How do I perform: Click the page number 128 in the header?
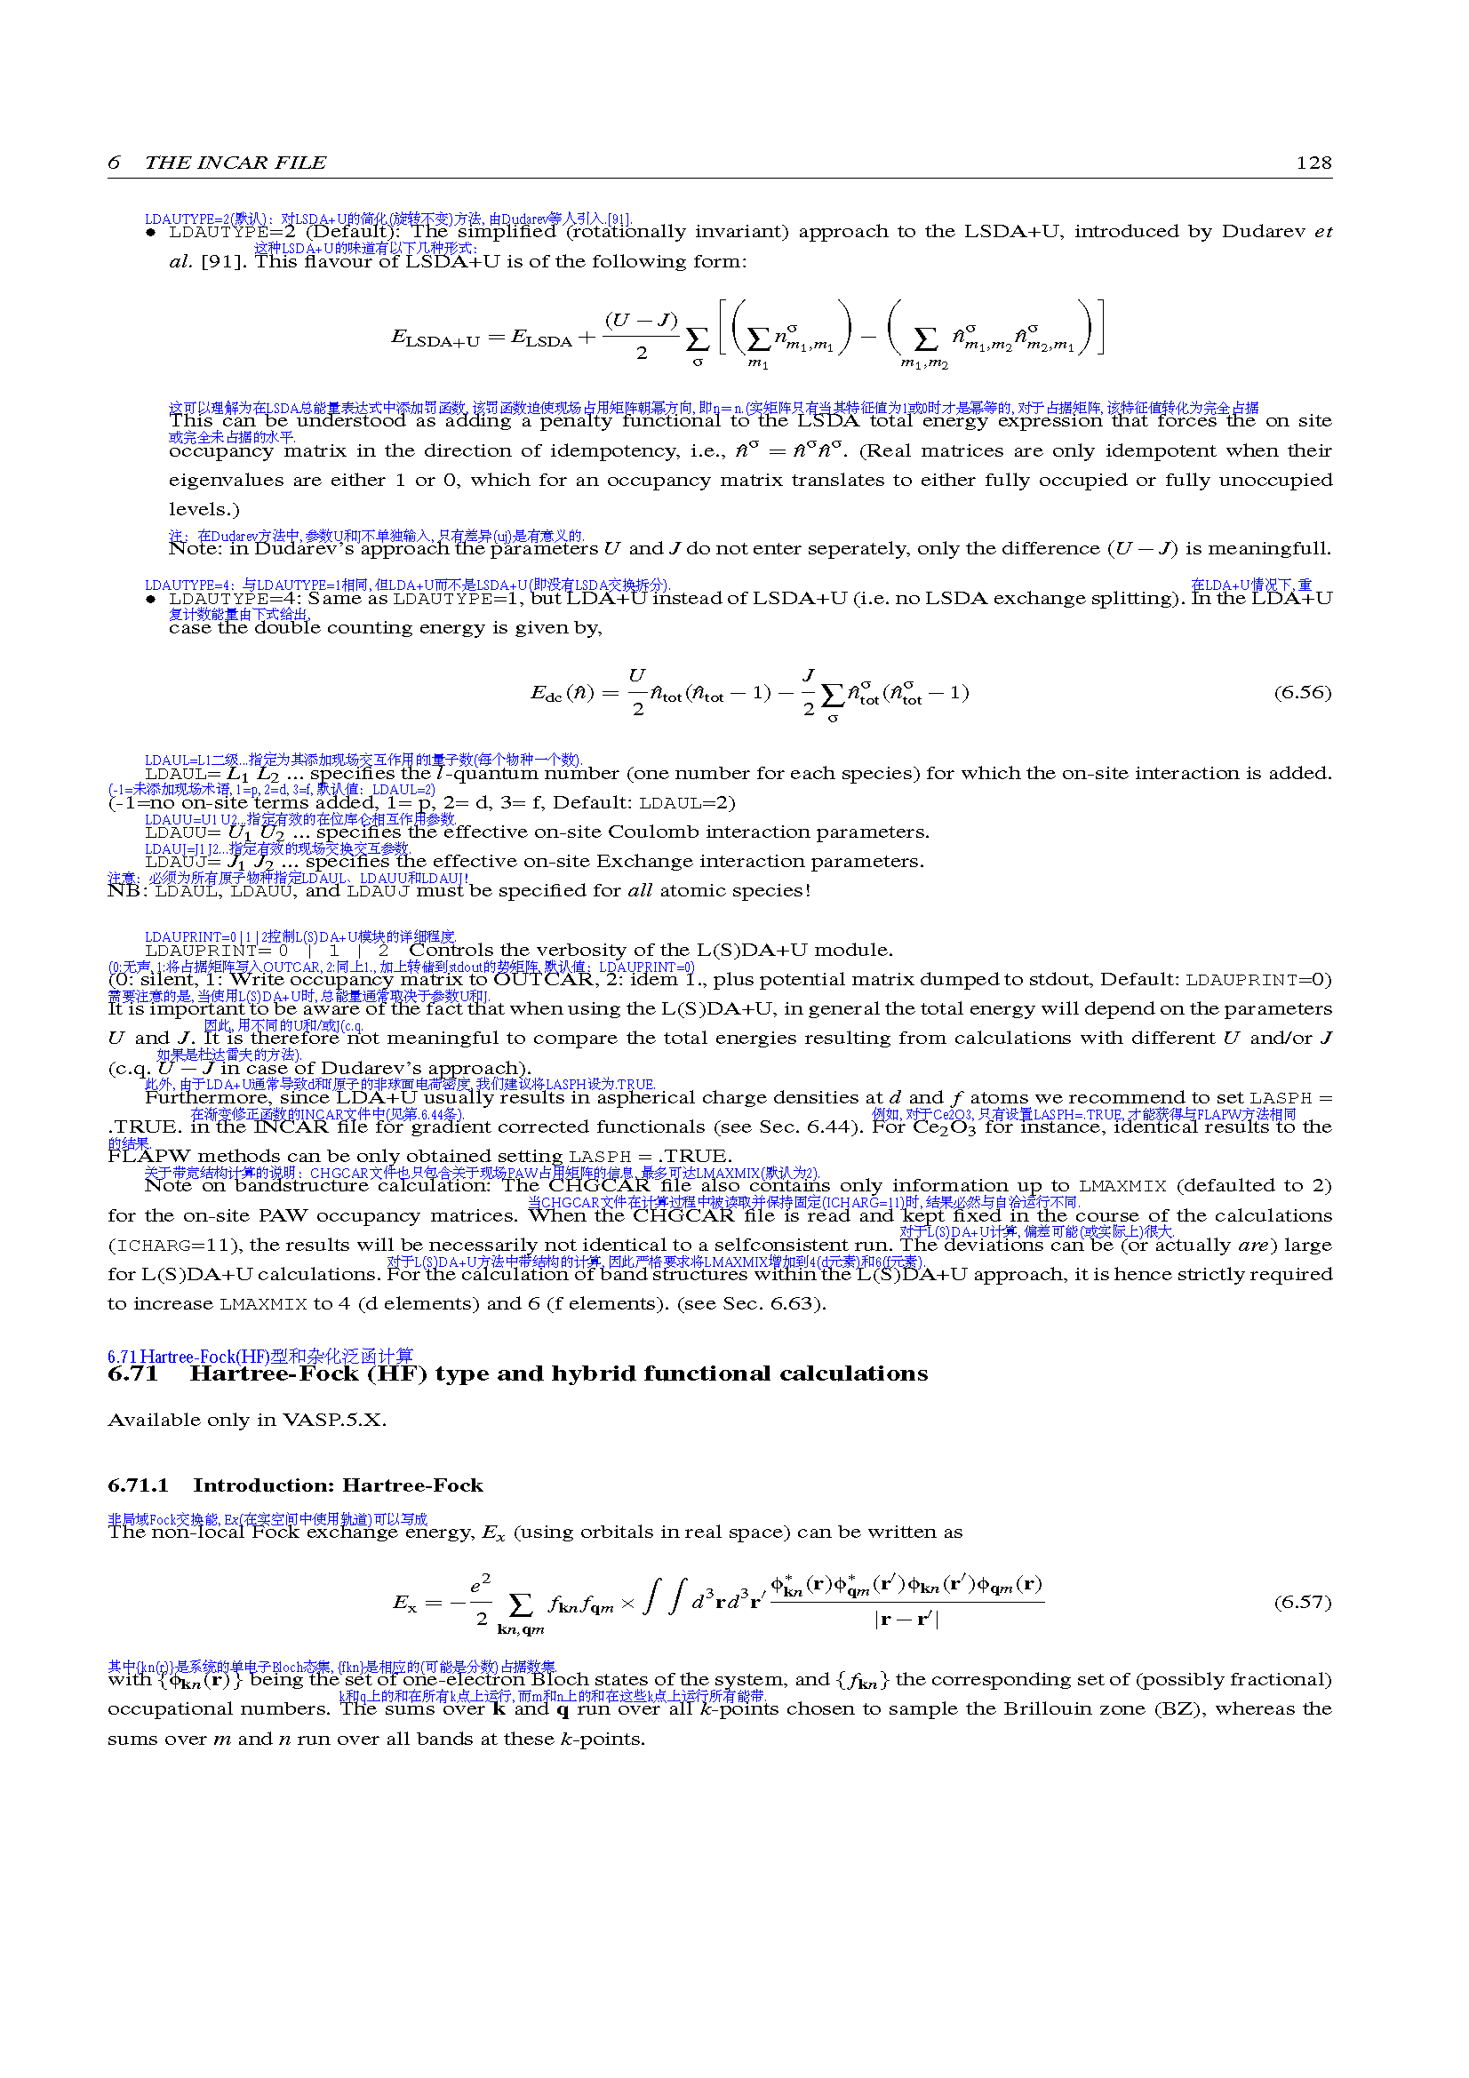click(x=1313, y=163)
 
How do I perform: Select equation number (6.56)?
click(x=1303, y=693)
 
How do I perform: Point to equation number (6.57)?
click(x=1303, y=1603)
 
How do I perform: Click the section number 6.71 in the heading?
click(x=132, y=1374)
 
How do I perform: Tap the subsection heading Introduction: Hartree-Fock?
click(x=338, y=1486)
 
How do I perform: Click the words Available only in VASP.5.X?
click(x=246, y=1420)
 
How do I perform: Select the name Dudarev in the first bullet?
click(x=1263, y=232)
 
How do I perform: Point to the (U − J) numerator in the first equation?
click(x=641, y=321)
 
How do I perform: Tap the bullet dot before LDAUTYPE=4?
click(x=150, y=599)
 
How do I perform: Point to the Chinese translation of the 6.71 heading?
click(x=259, y=1357)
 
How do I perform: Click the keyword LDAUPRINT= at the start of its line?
click(x=208, y=951)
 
